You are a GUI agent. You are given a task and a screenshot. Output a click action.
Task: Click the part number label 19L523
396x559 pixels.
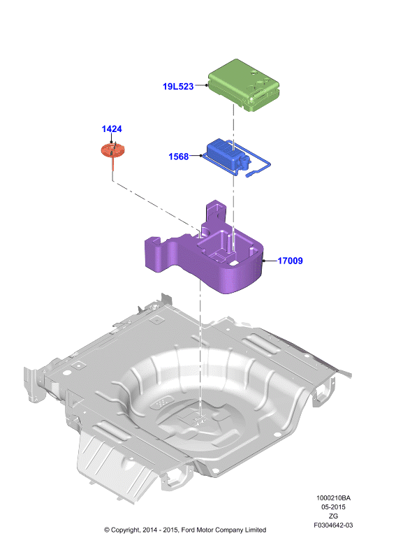pyautogui.click(x=178, y=86)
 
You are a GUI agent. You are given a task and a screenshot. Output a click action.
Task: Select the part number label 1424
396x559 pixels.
pyautogui.click(x=112, y=129)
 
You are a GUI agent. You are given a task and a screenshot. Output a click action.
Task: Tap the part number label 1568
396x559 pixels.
pyautogui.click(x=178, y=157)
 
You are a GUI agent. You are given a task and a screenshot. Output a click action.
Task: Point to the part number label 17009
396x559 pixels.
pyautogui.click(x=290, y=261)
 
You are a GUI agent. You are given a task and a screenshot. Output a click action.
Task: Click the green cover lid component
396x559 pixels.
pyautogui.click(x=243, y=85)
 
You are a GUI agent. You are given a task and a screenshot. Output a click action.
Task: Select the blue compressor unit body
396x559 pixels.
pyautogui.click(x=226, y=154)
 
